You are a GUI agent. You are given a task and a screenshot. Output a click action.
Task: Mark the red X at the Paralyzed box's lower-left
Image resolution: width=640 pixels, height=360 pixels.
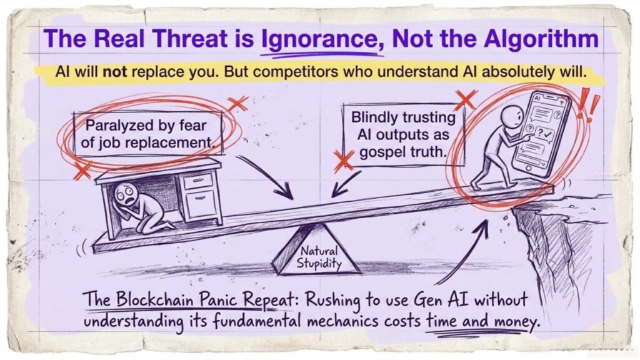(x=81, y=168)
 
